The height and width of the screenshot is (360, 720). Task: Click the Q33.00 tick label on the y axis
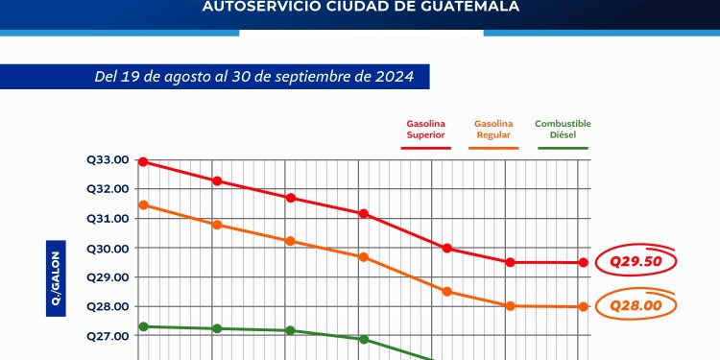(108, 160)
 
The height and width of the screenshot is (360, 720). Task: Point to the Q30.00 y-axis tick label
(108, 249)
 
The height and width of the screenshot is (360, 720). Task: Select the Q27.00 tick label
(108, 337)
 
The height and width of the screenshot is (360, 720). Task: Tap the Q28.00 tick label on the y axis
(108, 307)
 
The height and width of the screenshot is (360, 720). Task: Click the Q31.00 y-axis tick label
(108, 219)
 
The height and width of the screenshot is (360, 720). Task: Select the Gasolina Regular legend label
(494, 130)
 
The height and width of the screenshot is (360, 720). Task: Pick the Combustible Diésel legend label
(563, 130)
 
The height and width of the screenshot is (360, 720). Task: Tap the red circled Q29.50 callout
(636, 261)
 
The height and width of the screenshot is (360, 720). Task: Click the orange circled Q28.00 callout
(636, 306)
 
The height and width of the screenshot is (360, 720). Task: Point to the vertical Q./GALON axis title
(56, 277)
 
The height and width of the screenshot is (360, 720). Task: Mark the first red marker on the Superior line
(143, 161)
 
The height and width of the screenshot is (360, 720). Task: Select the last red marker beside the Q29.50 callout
(582, 262)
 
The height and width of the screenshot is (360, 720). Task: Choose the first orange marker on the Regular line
(143, 204)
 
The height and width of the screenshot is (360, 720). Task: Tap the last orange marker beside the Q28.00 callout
(582, 306)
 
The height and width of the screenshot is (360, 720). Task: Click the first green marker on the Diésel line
(143, 326)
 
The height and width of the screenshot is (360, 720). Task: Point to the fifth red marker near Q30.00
(446, 249)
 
